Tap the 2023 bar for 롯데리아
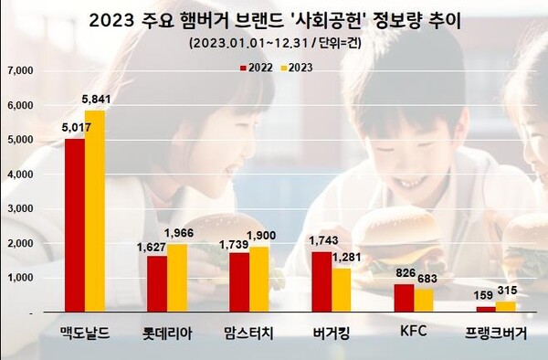(177, 277)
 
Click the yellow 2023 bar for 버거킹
(342, 289)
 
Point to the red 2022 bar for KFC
(404, 297)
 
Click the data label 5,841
(97, 101)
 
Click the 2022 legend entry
(255, 67)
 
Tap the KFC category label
(414, 334)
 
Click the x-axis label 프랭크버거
(495, 334)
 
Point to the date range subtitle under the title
(273, 43)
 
